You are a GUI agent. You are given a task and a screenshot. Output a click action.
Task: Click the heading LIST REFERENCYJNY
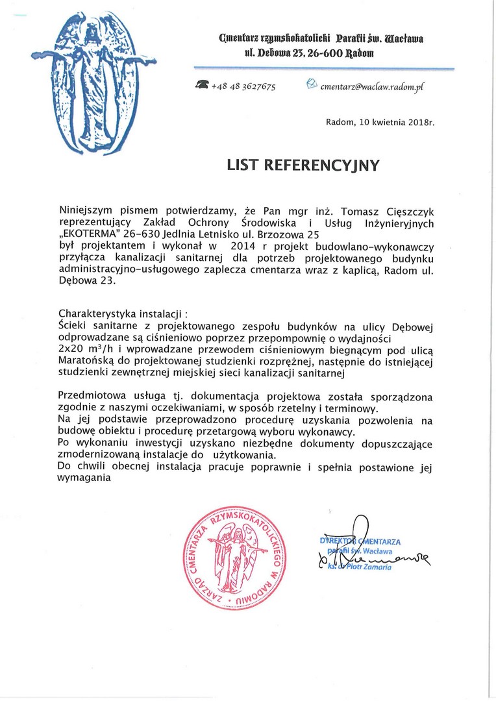(303, 165)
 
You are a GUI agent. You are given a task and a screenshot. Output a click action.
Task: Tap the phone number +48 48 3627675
(243, 87)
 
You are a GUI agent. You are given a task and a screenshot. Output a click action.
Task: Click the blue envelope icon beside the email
(311, 84)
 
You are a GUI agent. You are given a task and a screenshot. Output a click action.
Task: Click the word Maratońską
(90, 361)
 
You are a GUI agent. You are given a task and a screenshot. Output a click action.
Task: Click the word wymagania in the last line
(84, 479)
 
